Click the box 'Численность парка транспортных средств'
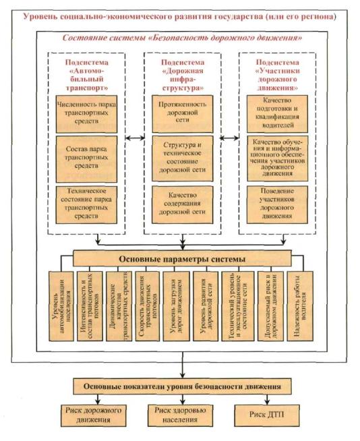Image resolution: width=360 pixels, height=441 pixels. point(86,114)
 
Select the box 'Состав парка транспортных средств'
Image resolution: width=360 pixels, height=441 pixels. point(86,159)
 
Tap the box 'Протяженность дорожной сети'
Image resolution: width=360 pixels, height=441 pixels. point(183,114)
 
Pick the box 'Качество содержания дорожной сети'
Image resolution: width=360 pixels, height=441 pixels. point(183,205)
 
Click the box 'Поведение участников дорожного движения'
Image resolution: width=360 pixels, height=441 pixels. point(277,205)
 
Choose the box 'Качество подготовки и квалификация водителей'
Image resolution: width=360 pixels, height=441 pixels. point(277,114)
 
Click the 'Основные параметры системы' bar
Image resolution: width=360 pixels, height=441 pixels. point(182,258)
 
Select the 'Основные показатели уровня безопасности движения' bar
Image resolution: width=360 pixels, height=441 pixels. point(182,386)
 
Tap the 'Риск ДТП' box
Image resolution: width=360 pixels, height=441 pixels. point(267,415)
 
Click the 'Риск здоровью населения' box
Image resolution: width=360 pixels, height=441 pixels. point(180,415)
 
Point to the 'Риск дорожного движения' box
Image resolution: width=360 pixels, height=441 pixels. point(94,415)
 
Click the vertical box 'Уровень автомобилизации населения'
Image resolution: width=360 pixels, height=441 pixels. point(61,306)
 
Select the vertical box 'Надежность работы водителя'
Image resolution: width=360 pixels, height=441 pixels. point(300,306)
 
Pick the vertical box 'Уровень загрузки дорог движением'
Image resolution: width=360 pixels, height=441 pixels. point(175,306)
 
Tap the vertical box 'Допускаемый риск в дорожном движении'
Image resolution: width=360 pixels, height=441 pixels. point(270,306)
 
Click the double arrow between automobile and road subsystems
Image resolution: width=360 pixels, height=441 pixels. point(135,138)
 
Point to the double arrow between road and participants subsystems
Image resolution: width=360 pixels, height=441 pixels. point(229,138)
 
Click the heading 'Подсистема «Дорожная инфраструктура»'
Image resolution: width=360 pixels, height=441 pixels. point(183,75)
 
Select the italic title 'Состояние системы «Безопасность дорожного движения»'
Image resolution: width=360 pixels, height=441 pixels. point(182,38)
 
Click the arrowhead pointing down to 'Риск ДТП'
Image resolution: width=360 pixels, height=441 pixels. point(267,401)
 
